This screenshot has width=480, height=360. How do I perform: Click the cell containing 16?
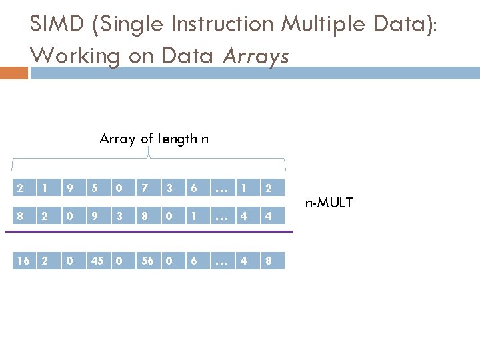pos(23,261)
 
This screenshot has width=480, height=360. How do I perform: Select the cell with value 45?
pos(97,261)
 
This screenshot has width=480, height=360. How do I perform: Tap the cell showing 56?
pos(148,261)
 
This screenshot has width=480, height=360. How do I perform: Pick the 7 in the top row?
pos(145,189)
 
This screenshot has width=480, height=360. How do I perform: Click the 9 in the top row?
pos(71,189)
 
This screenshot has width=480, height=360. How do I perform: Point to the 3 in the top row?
pos(169,189)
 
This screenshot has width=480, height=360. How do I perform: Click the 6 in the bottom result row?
pos(194,261)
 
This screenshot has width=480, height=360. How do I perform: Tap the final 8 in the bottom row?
pos(268,261)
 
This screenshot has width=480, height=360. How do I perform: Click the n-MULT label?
pos(329,202)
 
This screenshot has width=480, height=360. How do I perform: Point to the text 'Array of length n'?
pos(154,139)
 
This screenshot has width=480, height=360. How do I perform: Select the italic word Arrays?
pos(256,55)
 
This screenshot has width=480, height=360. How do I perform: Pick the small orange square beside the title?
pos(14,73)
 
